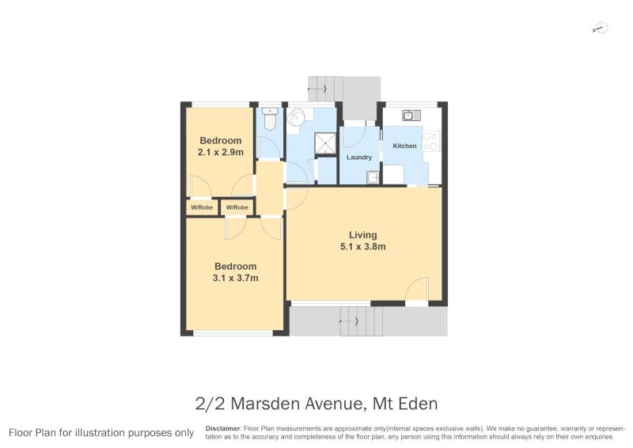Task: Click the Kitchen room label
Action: point(404,146)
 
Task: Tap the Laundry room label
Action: point(359,158)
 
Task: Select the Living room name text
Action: point(363,235)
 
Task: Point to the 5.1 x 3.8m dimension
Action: point(363,246)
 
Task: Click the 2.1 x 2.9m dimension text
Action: point(221,152)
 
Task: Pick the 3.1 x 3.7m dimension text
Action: point(235,278)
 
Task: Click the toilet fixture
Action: point(270,119)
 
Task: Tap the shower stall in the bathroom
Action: point(325,143)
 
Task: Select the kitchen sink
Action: point(411,116)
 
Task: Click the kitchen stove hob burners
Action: point(430,142)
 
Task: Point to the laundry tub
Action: point(373,177)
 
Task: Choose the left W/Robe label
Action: point(202,207)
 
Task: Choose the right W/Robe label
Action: point(237,207)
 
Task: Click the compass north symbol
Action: point(601,28)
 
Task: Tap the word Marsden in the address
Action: point(265,404)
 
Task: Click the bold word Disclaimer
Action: point(222,429)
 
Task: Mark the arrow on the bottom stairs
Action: point(349,321)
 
